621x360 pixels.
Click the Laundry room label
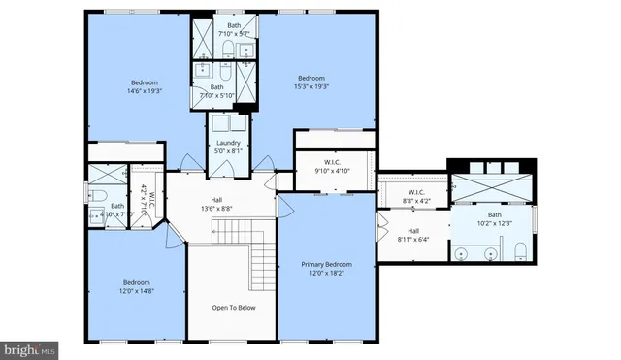pos(228,143)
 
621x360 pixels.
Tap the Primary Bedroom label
pos(325,264)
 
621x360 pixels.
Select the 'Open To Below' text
pos(233,308)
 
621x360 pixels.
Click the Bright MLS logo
pos(30,348)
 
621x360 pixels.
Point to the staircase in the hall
pos(243,243)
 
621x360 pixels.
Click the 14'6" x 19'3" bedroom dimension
pos(145,92)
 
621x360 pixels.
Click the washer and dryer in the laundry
pos(229,124)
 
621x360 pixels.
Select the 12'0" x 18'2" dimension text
pos(325,273)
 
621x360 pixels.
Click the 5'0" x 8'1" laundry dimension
pos(228,150)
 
